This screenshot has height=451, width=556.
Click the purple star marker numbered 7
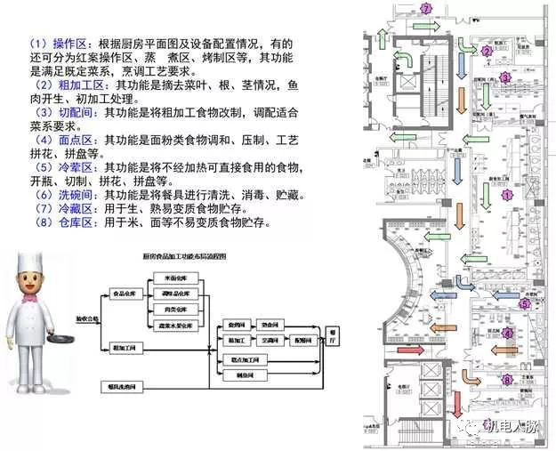(426, 9)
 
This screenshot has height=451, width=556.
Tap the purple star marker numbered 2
(487, 51)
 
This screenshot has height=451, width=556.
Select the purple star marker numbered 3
(504, 77)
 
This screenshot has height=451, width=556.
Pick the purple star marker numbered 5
(524, 304)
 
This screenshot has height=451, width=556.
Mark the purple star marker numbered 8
(507, 381)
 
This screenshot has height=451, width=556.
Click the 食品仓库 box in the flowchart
(127, 293)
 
